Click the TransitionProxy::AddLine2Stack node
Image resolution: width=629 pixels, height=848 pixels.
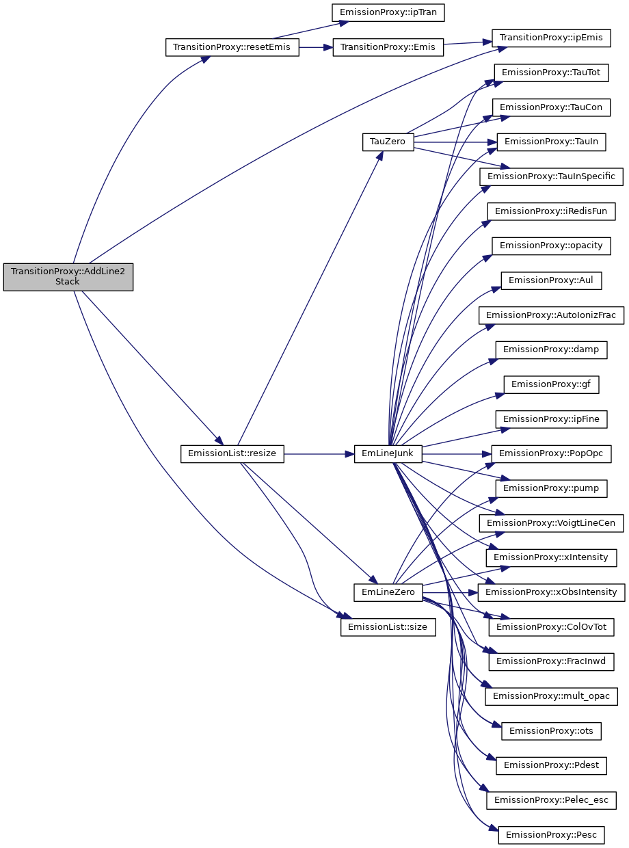click(x=68, y=276)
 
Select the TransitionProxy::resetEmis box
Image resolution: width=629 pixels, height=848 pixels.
click(x=232, y=48)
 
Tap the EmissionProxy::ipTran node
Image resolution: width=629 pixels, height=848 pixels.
click(x=388, y=12)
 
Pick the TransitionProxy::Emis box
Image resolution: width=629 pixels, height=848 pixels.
click(x=388, y=48)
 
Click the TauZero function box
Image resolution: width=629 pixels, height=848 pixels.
click(x=388, y=142)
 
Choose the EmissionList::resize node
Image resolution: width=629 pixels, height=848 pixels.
click(x=232, y=453)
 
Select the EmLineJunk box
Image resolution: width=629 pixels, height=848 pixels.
click(x=388, y=453)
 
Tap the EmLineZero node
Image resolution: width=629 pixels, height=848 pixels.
click(x=388, y=592)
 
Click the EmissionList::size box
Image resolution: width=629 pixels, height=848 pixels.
click(x=388, y=626)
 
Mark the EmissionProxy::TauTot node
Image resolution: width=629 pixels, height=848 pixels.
click(x=551, y=72)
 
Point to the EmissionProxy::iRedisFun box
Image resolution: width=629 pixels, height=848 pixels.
click(x=551, y=211)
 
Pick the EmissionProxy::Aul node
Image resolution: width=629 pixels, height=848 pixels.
click(x=551, y=280)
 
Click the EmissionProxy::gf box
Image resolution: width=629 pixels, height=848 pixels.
click(x=551, y=384)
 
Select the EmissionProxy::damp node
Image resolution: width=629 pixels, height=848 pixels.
click(x=551, y=349)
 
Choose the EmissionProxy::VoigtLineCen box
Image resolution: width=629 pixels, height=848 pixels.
click(x=551, y=522)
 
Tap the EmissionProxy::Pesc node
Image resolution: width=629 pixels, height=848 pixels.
click(x=551, y=834)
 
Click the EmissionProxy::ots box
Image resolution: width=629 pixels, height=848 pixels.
click(x=551, y=730)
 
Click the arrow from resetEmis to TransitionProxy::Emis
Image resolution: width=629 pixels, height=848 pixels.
click(x=316, y=48)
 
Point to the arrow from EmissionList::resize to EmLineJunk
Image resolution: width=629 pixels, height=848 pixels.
click(x=319, y=453)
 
